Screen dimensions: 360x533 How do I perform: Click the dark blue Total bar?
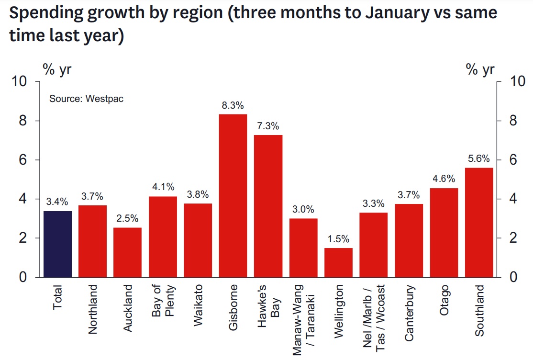pyautogui.click(x=57, y=244)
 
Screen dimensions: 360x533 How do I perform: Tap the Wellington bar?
pyautogui.click(x=338, y=262)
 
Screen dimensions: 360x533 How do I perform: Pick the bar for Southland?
pyautogui.click(x=479, y=222)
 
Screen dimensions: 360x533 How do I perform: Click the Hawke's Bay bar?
pyautogui.click(x=268, y=206)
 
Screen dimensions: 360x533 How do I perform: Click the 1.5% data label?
pyautogui.click(x=338, y=239)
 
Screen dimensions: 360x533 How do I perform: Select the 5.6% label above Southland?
pyautogui.click(x=479, y=159)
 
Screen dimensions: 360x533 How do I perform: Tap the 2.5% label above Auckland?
pyautogui.click(x=127, y=219)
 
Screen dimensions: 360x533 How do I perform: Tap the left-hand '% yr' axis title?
pyautogui.click(x=57, y=70)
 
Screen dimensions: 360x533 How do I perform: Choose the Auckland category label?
pyautogui.click(x=128, y=309)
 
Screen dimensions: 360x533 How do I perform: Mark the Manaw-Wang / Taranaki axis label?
pyautogui.click(x=303, y=320)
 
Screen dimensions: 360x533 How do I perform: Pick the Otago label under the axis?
pyautogui.click(x=444, y=301)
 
